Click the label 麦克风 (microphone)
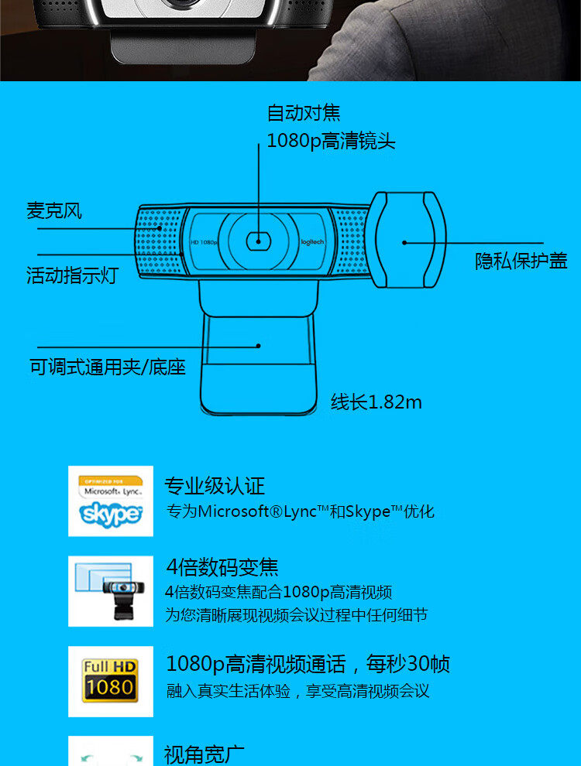[x=54, y=210]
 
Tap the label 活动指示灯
[x=71, y=275]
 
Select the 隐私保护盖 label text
[x=521, y=261]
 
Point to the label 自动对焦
[x=304, y=113]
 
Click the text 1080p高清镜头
[x=331, y=141]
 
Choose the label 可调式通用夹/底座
[x=108, y=367]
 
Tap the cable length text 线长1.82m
[x=376, y=402]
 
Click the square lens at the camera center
[x=257, y=241]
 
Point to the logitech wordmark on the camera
[x=312, y=242]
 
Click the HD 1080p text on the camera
[x=205, y=242]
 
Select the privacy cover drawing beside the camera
[x=407, y=240]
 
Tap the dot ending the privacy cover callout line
[x=404, y=242]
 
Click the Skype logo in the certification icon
[x=111, y=514]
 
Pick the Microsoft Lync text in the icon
[x=111, y=491]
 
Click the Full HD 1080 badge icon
[x=110, y=680]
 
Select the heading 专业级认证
[x=214, y=486]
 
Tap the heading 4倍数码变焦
[x=222, y=567]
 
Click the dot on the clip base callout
[x=259, y=347]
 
